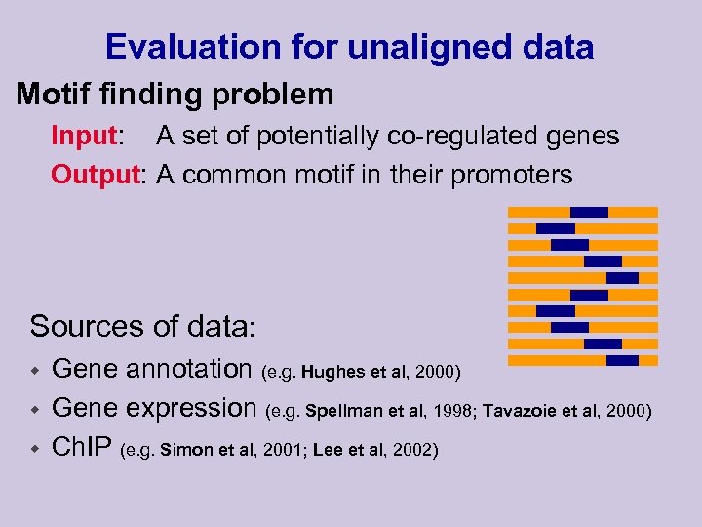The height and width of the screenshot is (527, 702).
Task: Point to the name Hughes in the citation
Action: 331,373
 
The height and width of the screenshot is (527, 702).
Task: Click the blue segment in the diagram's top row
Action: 589,212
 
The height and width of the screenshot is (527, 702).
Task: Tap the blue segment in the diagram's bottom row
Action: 622,360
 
